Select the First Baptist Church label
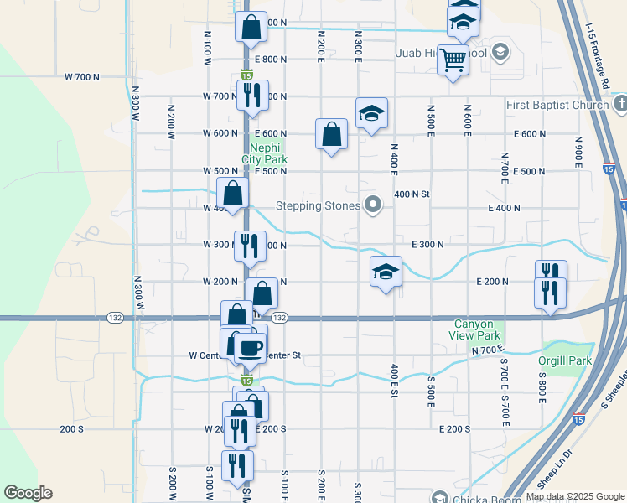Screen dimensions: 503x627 click(x=557, y=105)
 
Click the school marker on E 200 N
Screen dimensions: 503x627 click(x=386, y=272)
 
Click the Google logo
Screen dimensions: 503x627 click(x=28, y=493)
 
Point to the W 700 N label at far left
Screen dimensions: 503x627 click(x=82, y=76)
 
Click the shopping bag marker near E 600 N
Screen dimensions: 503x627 click(x=332, y=133)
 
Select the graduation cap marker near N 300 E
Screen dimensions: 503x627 click(x=371, y=112)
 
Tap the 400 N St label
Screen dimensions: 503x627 click(x=412, y=194)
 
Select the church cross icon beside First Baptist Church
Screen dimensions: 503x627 click(x=619, y=104)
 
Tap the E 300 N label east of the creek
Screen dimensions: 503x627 click(x=427, y=244)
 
